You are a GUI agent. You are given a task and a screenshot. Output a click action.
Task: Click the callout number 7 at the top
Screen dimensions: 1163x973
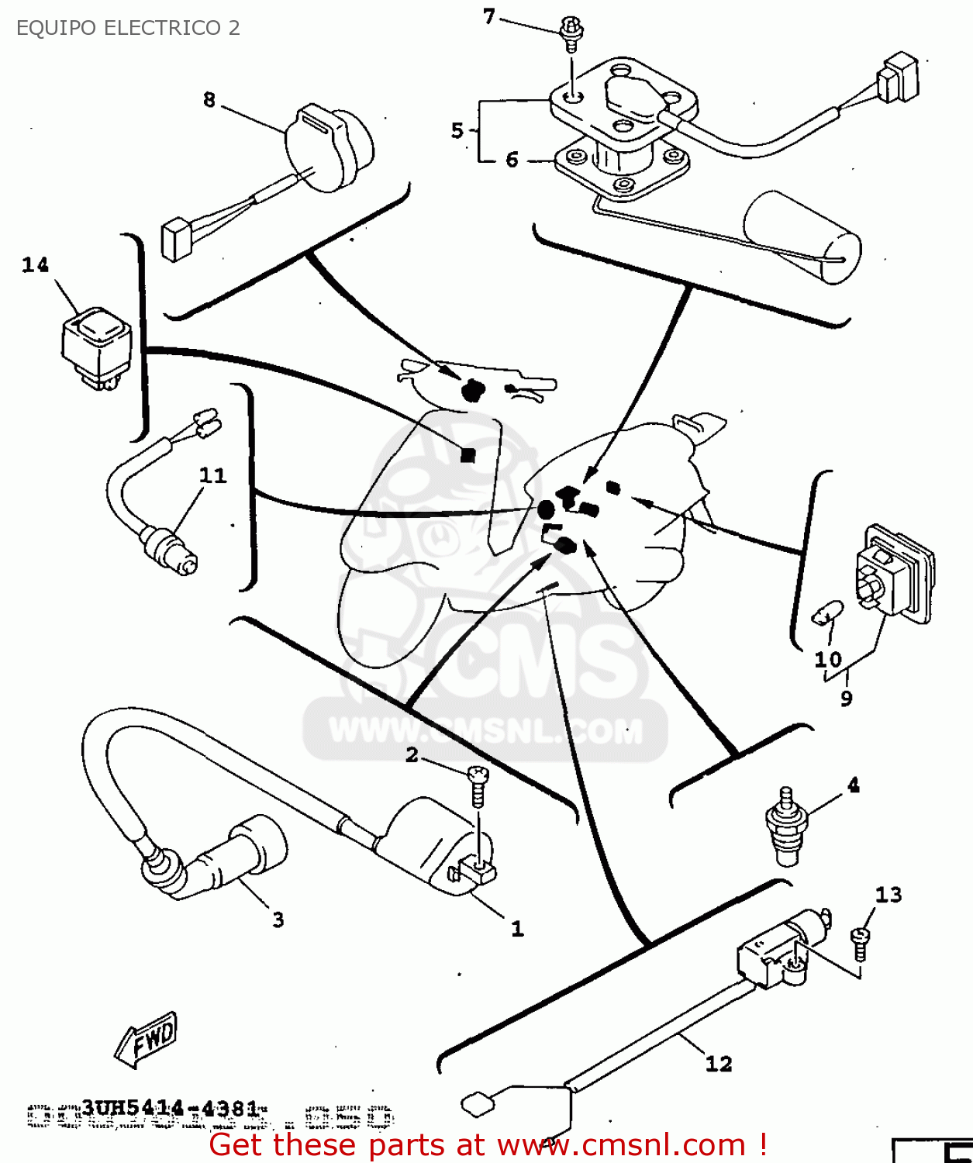coord(488,16)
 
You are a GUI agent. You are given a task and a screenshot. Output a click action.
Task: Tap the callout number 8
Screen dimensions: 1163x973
coord(209,100)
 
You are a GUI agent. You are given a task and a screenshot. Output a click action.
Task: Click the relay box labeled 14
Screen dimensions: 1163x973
coord(96,345)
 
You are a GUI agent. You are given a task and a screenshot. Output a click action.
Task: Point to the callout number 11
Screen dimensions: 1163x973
coord(212,475)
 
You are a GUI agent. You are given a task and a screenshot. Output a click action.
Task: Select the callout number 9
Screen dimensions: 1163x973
coord(847,699)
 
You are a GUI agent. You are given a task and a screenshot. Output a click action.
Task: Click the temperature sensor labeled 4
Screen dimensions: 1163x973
coord(785,826)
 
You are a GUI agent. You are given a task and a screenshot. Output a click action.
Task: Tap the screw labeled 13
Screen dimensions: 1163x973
coord(860,942)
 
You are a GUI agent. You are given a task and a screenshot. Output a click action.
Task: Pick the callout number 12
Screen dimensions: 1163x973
coord(719,1064)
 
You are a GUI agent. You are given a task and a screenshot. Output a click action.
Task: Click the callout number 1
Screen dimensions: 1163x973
coord(517,928)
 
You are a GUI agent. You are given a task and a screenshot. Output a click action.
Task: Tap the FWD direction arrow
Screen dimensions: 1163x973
coord(147,1039)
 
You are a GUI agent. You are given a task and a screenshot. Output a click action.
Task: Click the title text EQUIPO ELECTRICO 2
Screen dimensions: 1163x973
coord(128,28)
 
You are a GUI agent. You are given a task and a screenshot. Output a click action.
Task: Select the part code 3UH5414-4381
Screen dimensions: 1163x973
coord(170,1108)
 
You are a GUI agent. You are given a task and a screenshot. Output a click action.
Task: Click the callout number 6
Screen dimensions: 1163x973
coord(512,160)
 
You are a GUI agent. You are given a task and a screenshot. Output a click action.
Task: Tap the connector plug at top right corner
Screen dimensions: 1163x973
coord(899,78)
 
